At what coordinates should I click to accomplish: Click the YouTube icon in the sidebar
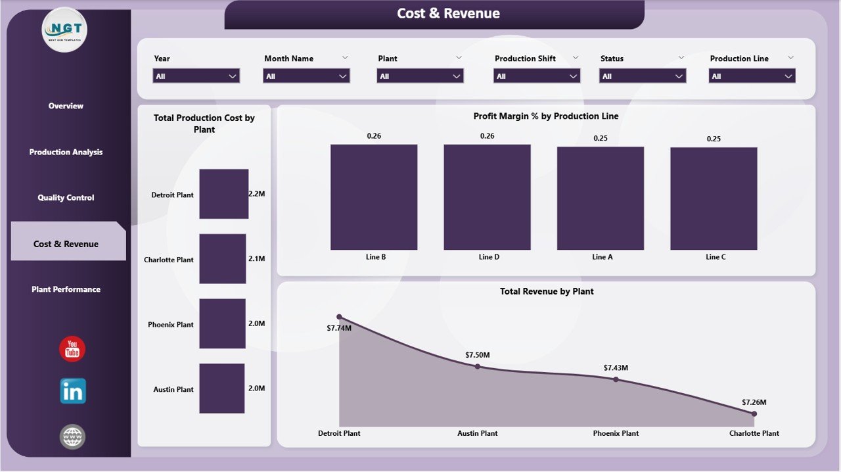tap(72, 349)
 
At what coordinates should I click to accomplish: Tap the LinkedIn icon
tap(72, 391)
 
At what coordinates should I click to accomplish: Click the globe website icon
tap(72, 437)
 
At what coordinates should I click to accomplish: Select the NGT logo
tap(64, 30)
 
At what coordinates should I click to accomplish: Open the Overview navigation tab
tap(66, 106)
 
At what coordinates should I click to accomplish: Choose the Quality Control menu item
tap(66, 198)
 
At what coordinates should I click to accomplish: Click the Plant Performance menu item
tap(66, 289)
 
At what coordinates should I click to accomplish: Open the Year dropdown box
tap(196, 76)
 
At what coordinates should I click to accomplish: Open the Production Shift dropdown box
tap(537, 76)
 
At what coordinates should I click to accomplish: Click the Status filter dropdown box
tap(643, 76)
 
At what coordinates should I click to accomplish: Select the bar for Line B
tap(374, 197)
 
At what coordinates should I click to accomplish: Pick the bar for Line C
tap(714, 199)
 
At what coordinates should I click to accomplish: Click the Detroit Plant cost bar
tap(224, 194)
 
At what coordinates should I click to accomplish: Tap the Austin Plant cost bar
tap(222, 389)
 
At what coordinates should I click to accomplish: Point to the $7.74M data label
tap(339, 328)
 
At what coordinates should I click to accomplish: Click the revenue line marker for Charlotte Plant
tap(754, 413)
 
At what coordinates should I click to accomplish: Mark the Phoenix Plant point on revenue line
tap(616, 379)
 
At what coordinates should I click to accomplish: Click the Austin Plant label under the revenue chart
tap(478, 433)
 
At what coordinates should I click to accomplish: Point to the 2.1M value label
tap(256, 259)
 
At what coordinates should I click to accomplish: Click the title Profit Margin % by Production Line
tap(546, 116)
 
